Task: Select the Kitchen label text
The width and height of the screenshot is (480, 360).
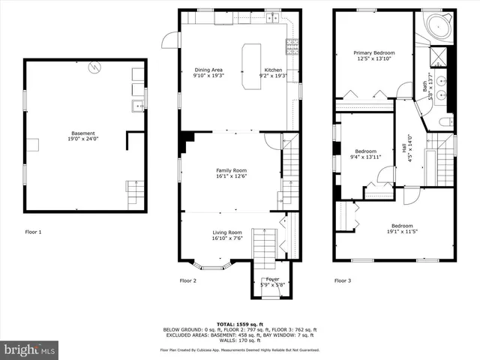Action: click(271, 73)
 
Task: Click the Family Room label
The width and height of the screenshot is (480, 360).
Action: click(231, 173)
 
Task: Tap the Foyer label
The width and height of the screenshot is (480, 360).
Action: click(273, 281)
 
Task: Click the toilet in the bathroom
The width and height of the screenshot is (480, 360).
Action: click(445, 121)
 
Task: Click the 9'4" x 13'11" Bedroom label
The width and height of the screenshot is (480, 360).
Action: click(367, 154)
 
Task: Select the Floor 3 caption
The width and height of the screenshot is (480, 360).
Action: click(342, 280)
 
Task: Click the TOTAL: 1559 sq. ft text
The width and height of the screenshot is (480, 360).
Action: click(239, 324)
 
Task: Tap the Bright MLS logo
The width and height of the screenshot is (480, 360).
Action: click(30, 349)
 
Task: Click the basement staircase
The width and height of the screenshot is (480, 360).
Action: click(134, 194)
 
